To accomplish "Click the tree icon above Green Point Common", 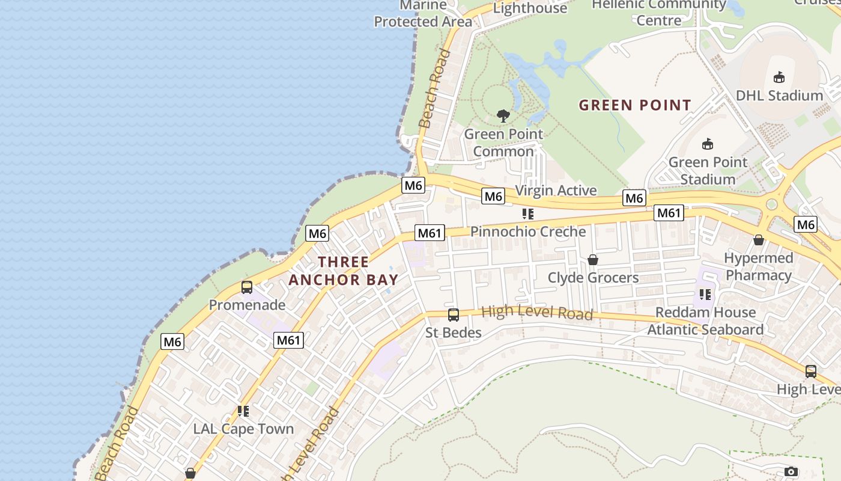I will [503, 115].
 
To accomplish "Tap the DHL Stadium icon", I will [779, 77].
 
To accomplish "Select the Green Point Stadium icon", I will [708, 144].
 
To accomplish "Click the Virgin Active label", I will [556, 191].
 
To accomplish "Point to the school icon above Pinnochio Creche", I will [528, 214].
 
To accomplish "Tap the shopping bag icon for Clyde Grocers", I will [593, 260].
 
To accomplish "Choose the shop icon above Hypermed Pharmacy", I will [759, 240].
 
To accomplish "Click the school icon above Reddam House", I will [705, 295].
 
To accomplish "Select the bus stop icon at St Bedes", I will [454, 314].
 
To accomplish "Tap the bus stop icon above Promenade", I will [247, 287].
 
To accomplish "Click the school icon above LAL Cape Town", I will [243, 411].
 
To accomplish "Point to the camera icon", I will [791, 471].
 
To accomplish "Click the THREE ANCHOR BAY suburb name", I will [344, 271].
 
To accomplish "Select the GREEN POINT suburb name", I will [635, 105].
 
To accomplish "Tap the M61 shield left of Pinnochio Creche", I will [430, 233].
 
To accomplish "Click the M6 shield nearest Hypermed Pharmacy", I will [806, 224].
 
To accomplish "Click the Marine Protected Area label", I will [423, 14].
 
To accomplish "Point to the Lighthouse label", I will [530, 8].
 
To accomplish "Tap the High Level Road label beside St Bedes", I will [537, 313].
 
